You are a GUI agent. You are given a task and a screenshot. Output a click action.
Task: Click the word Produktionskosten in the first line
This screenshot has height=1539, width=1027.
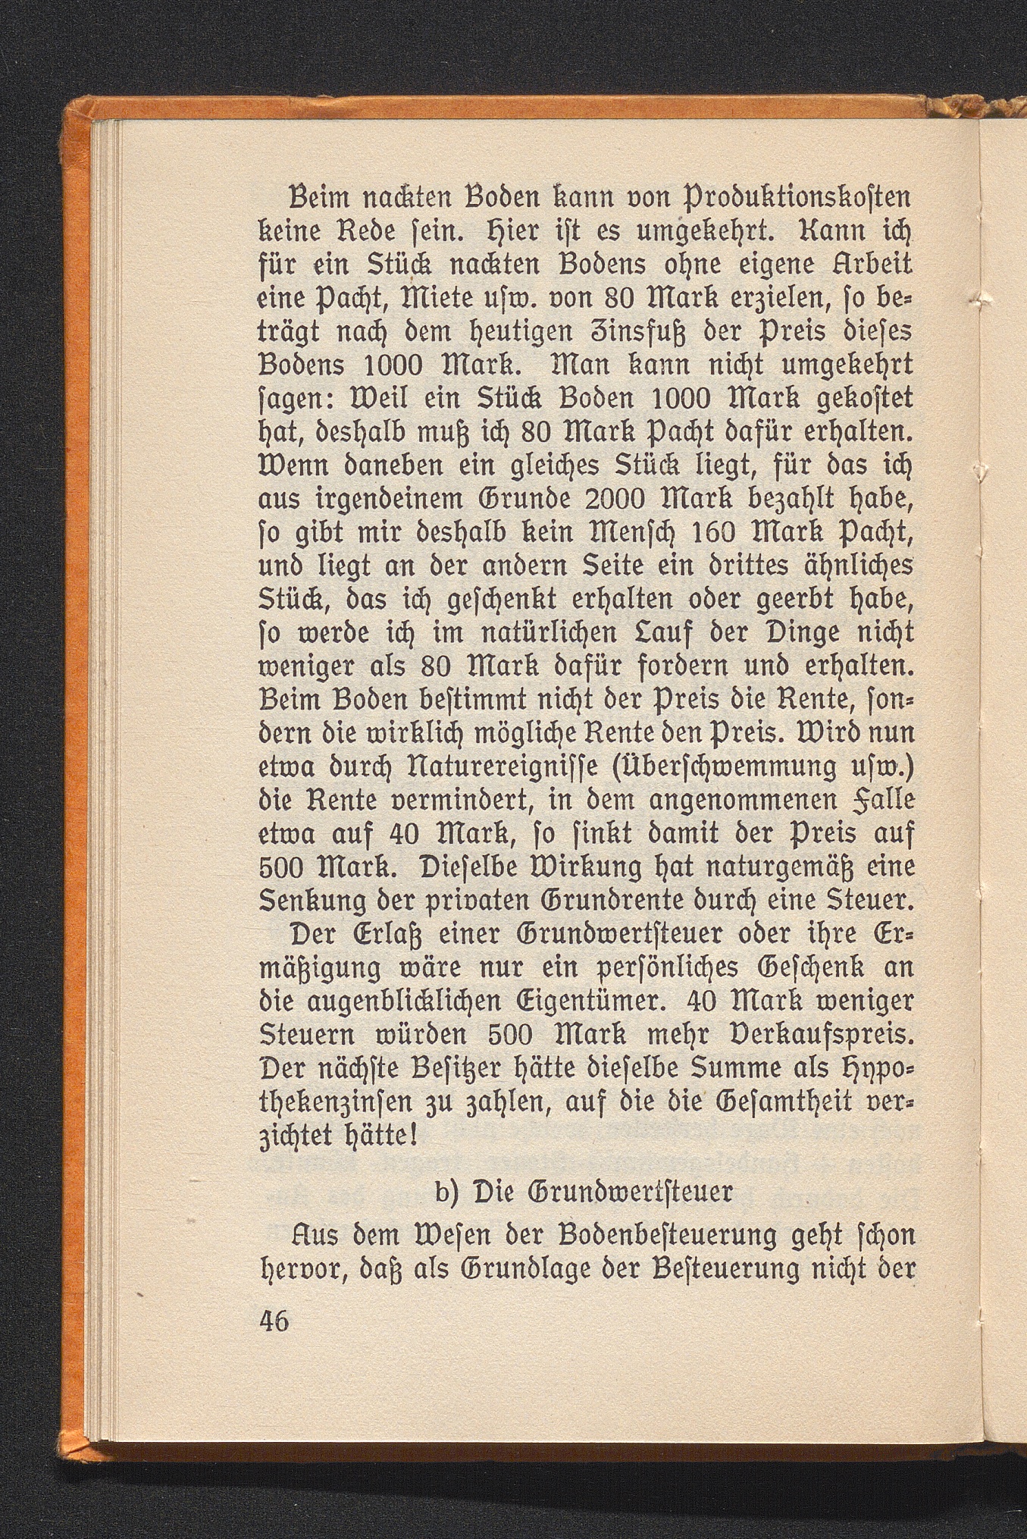(786, 201)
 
